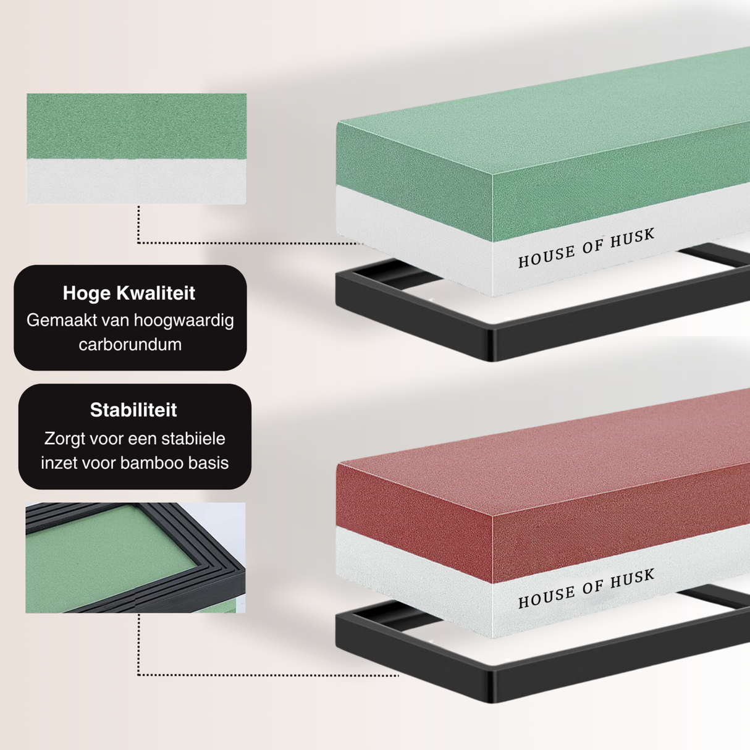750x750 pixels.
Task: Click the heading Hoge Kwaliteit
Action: [x=129, y=293]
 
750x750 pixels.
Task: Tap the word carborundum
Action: [x=130, y=344]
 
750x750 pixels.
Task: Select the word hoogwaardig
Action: [x=183, y=320]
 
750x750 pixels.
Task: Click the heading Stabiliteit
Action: [x=133, y=410]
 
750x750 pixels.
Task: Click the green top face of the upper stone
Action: [x=556, y=124]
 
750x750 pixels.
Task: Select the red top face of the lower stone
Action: [x=556, y=457]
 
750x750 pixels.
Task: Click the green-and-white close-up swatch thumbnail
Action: [x=137, y=148]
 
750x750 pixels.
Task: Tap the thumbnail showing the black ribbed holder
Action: [x=135, y=557]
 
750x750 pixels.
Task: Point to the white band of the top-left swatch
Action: [x=137, y=182]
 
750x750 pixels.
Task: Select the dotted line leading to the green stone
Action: [x=247, y=243]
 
